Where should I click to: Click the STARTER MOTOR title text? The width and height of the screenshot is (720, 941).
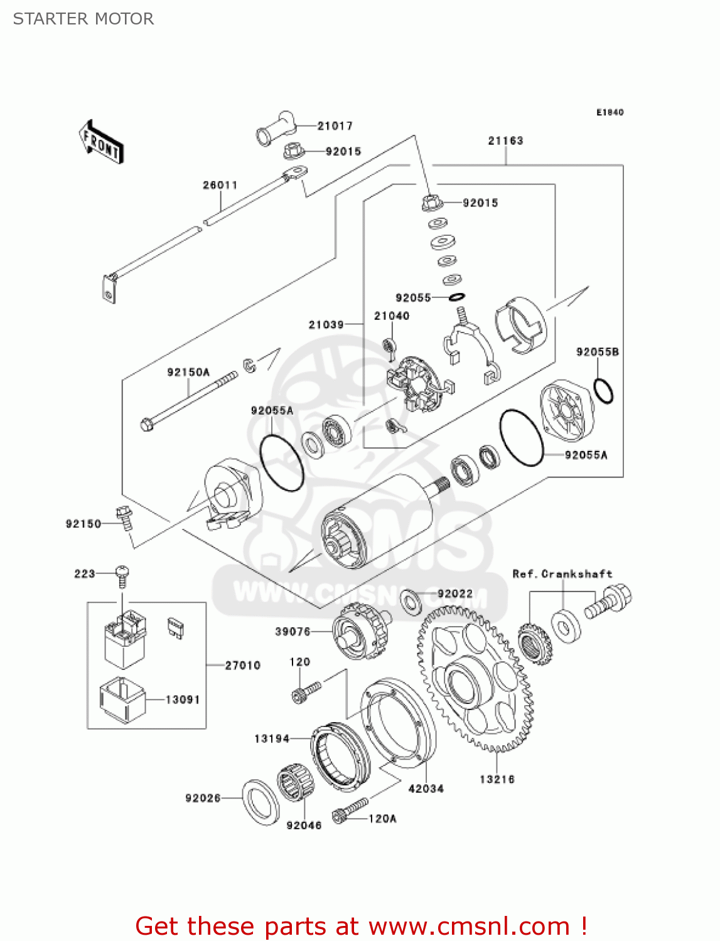83,19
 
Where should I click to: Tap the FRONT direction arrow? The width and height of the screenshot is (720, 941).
101,142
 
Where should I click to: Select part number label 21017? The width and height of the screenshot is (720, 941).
335,126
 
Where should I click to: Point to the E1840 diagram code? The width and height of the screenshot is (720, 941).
610,112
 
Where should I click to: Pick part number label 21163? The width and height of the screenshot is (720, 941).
505,141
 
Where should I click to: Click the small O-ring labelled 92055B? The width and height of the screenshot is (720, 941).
603,391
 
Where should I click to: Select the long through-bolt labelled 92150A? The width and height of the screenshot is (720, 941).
189,399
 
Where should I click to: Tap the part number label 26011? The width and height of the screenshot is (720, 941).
220,185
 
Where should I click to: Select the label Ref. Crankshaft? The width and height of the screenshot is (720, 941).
562,573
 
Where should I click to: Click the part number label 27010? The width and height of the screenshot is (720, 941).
242,665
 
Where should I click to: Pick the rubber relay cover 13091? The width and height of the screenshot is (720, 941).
122,699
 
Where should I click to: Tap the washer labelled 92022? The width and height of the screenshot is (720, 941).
411,602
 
